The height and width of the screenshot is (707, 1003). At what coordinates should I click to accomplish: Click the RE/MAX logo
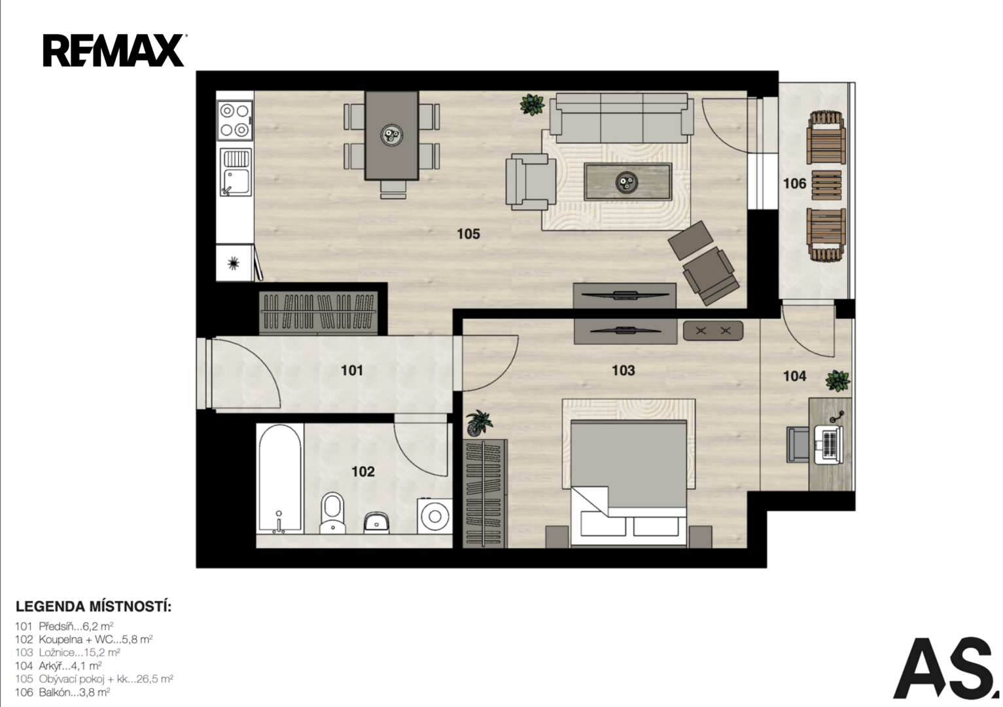click(114, 50)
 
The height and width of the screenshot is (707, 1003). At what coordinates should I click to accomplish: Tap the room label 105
click(468, 234)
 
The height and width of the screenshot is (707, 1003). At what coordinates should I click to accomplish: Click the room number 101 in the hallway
click(352, 371)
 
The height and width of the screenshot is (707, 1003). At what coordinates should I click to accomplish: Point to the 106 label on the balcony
click(794, 184)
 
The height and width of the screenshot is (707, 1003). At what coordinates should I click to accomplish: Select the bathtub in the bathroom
click(280, 479)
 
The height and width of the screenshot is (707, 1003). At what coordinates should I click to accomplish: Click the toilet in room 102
click(332, 513)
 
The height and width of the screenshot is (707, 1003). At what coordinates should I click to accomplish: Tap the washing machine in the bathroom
click(434, 516)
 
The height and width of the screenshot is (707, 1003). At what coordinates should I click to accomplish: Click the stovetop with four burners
click(235, 120)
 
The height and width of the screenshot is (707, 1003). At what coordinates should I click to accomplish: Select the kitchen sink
click(236, 173)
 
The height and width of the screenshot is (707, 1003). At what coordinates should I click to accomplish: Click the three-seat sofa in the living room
click(622, 118)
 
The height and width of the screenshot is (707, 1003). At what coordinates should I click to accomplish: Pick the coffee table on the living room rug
click(627, 181)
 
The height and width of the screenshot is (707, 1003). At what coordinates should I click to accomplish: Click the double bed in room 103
click(629, 483)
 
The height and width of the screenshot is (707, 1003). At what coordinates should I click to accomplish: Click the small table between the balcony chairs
click(826, 185)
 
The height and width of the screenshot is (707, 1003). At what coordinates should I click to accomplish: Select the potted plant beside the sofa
click(532, 104)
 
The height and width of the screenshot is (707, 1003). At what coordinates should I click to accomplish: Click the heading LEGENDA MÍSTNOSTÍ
click(94, 607)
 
